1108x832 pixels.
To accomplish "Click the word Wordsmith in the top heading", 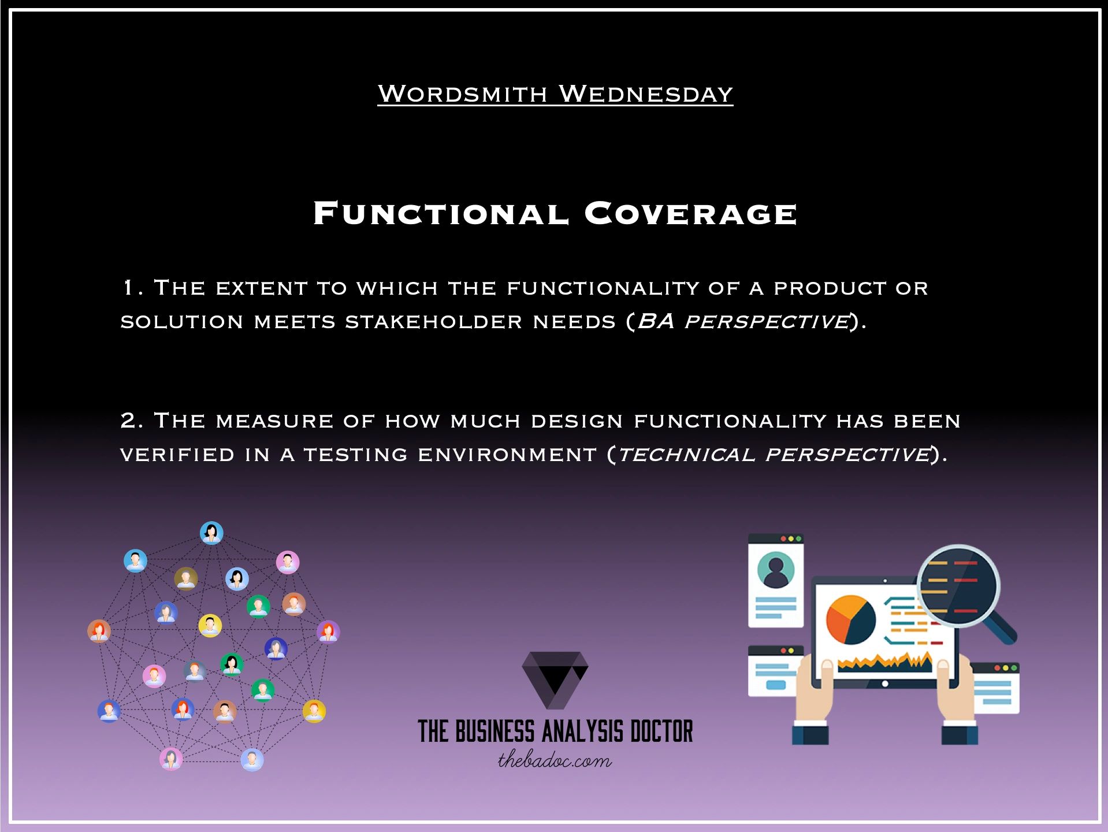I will [x=462, y=94].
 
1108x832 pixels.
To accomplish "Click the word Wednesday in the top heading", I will [x=646, y=94].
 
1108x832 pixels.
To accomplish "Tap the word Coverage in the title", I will [x=690, y=213].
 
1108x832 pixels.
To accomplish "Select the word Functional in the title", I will [x=441, y=213].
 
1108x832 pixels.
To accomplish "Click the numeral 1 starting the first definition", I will [x=128, y=288].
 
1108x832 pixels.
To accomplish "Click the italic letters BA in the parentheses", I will [x=656, y=322].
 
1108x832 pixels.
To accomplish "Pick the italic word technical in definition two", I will [x=686, y=455].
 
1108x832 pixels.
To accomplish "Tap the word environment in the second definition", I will [x=507, y=455].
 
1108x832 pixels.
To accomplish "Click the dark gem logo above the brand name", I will [x=555, y=679].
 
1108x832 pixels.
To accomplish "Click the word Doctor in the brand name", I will [x=661, y=731].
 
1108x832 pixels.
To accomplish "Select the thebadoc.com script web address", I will [x=555, y=760].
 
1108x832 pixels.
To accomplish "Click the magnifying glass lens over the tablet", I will [x=959, y=586].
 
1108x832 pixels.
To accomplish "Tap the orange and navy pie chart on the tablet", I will [x=850, y=620].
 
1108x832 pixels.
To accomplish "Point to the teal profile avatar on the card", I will [x=775, y=570].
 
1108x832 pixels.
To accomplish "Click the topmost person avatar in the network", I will [x=211, y=533].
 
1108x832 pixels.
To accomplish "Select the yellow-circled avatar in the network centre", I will [x=210, y=626].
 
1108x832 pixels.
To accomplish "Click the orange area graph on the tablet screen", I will [x=884, y=662].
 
